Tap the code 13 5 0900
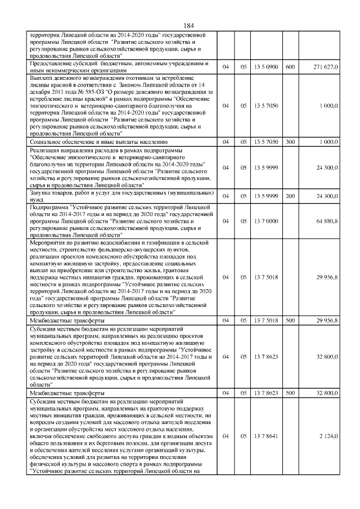(x=266, y=67)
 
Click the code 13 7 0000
(x=266, y=222)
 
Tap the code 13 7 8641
(x=266, y=436)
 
